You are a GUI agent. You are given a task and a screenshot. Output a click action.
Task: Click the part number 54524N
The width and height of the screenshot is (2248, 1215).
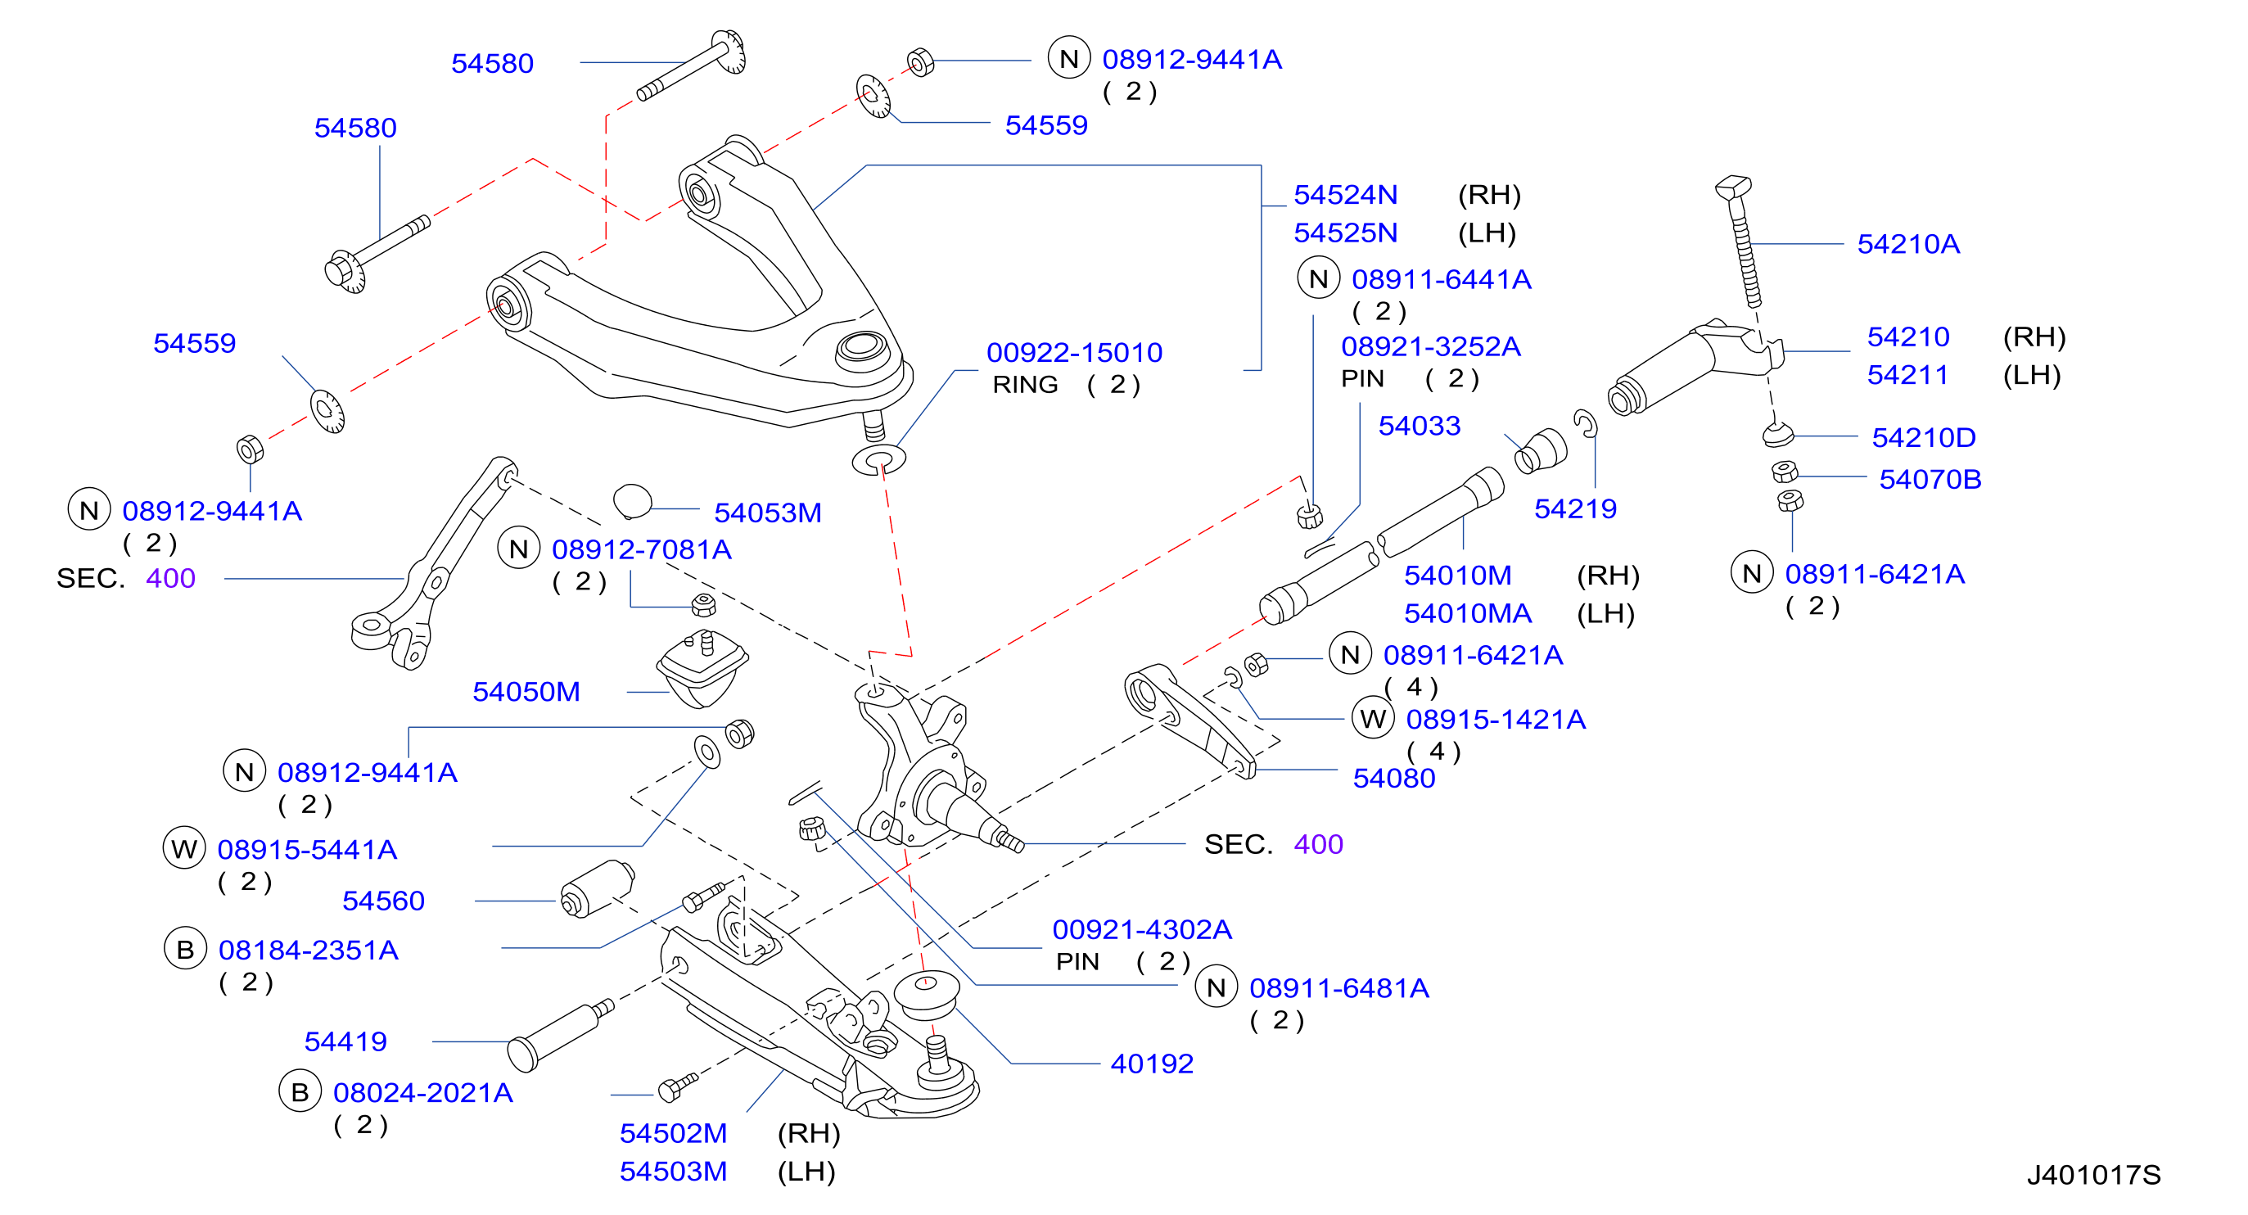click(x=1345, y=195)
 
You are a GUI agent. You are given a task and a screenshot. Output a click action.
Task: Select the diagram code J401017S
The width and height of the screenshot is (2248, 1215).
click(x=2092, y=1175)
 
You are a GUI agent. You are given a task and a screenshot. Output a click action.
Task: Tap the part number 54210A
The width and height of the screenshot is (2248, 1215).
click(x=1907, y=245)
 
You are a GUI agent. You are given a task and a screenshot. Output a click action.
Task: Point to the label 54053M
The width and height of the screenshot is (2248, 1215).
click(x=767, y=513)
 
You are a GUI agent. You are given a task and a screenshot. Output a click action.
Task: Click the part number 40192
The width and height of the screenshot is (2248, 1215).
click(x=1151, y=1064)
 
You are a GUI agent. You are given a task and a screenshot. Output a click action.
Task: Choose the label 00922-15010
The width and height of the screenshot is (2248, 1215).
click(x=1073, y=353)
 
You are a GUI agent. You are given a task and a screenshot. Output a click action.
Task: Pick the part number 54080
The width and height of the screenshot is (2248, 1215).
click(x=1393, y=779)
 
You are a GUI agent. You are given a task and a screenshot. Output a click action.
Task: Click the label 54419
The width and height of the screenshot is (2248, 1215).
click(x=345, y=1042)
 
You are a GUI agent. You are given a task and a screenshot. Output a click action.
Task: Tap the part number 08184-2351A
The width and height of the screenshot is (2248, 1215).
click(x=308, y=951)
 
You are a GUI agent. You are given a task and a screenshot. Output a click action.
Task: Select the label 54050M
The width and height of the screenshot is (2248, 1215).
click(x=526, y=692)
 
